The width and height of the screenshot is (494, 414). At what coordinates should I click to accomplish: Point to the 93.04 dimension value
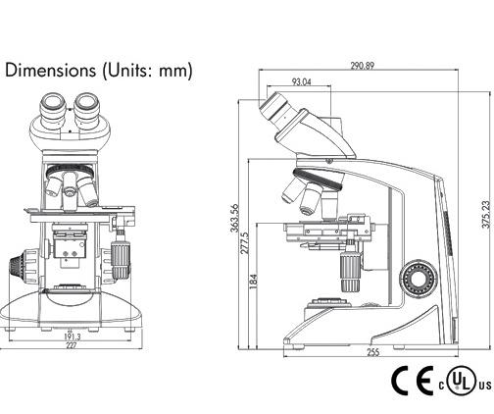tap(302, 82)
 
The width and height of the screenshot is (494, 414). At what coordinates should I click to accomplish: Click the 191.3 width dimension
tap(73, 336)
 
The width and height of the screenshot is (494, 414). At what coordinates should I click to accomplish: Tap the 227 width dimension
tap(73, 345)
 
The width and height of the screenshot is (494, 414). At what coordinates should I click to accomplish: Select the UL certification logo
tap(464, 381)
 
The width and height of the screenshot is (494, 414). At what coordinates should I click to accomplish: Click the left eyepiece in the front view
tap(53, 104)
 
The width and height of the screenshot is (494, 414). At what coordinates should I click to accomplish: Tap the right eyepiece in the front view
tap(87, 103)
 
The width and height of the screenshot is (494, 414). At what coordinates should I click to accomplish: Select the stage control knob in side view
tap(349, 266)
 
